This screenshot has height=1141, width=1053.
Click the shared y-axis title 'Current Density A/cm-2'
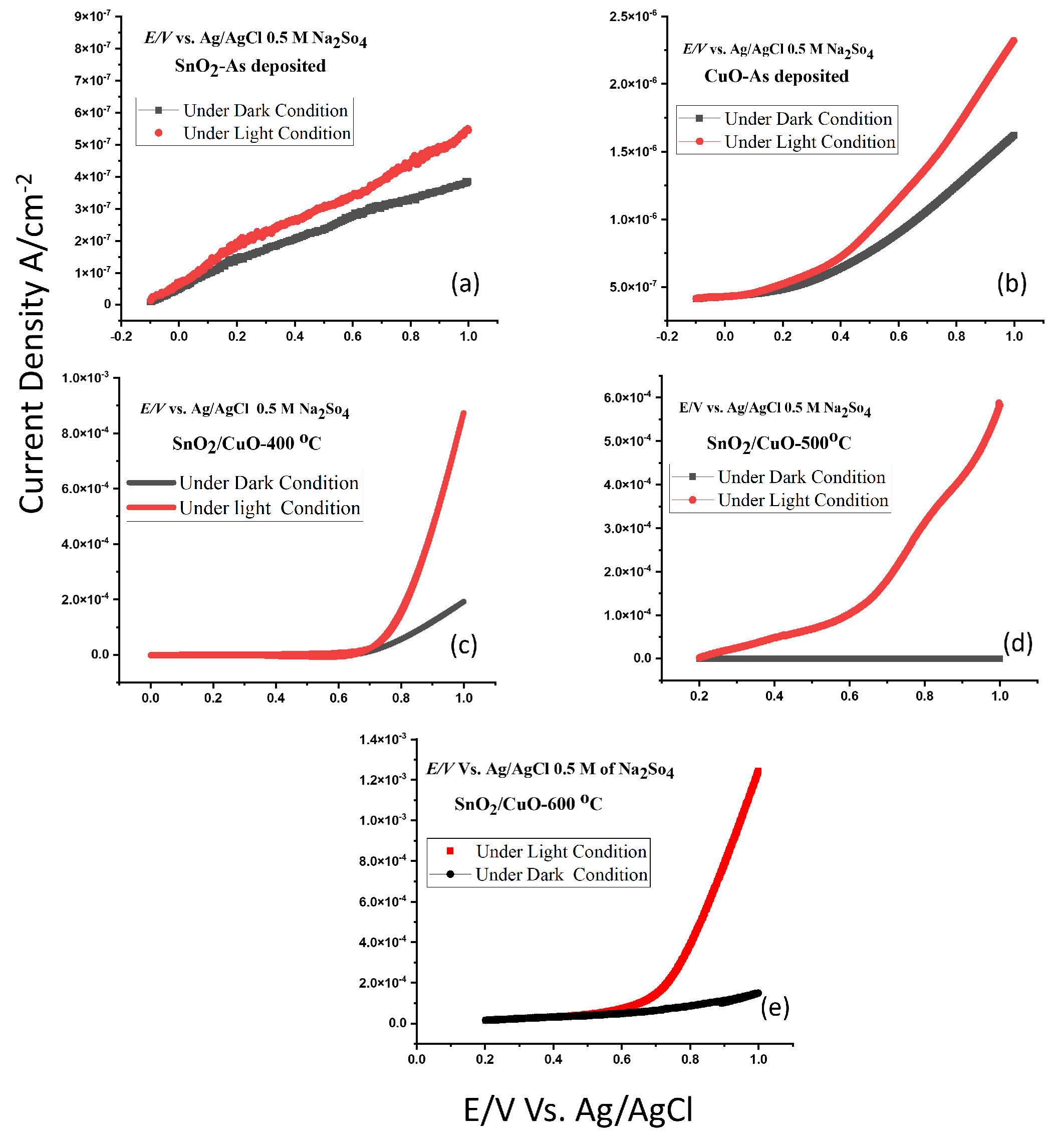(x=32, y=345)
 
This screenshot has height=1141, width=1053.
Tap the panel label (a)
(x=465, y=283)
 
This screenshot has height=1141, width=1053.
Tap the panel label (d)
(x=1017, y=643)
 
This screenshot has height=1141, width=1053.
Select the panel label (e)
(x=774, y=1007)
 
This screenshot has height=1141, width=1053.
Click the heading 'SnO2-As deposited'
(x=250, y=66)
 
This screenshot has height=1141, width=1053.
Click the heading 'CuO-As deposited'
(x=776, y=76)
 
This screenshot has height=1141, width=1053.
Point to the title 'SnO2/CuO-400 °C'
(x=247, y=443)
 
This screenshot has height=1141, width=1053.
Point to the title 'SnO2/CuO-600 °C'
(x=528, y=804)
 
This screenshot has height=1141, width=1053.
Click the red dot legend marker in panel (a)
(x=159, y=133)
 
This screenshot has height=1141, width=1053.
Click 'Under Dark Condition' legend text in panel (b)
(x=808, y=119)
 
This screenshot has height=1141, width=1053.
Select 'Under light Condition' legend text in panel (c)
(x=270, y=508)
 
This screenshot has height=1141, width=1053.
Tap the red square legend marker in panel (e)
(x=449, y=851)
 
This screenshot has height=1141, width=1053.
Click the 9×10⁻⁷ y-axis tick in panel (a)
(x=92, y=16)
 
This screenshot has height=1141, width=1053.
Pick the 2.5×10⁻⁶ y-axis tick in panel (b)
(x=633, y=16)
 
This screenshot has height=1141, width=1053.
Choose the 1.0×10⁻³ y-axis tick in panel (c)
(x=85, y=377)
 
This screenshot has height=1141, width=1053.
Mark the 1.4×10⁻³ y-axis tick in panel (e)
(x=382, y=739)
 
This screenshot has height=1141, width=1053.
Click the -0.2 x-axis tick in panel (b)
(x=667, y=336)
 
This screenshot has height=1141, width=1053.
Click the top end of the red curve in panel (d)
(x=998, y=404)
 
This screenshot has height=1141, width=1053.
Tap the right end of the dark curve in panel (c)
(x=463, y=602)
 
